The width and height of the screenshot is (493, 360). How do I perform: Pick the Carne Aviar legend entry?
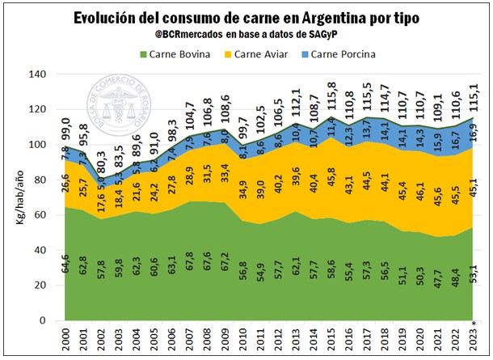(264, 55)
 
